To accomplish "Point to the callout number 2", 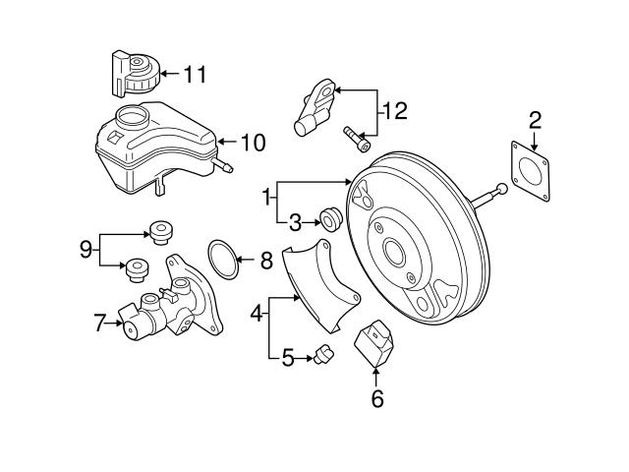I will pos(535,121).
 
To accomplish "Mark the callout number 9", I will pos(86,249).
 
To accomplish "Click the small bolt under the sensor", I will pos(357,140).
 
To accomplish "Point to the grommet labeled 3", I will pos(331,218).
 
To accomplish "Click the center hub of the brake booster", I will pos(398,253).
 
